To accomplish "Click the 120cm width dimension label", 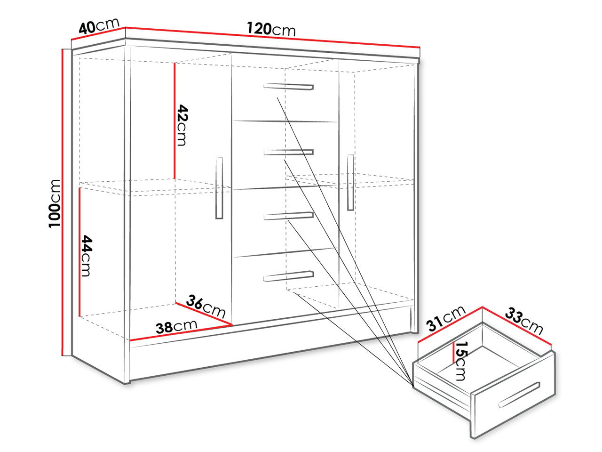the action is (271, 29).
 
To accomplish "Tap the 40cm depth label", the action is (99, 26).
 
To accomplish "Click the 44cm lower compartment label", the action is (86, 256).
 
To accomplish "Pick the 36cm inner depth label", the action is (206, 306).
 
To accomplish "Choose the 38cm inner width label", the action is (176, 327).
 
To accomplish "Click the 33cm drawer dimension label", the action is (524, 321).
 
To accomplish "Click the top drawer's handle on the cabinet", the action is (288, 87).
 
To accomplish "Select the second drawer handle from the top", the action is (288, 152).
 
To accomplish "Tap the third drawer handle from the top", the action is (288, 216).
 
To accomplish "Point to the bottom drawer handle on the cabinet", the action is (288, 276).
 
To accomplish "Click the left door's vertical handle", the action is (219, 188).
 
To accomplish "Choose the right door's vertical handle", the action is (350, 183).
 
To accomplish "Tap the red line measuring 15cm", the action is (454, 352).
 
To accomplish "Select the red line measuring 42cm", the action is (174, 121).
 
